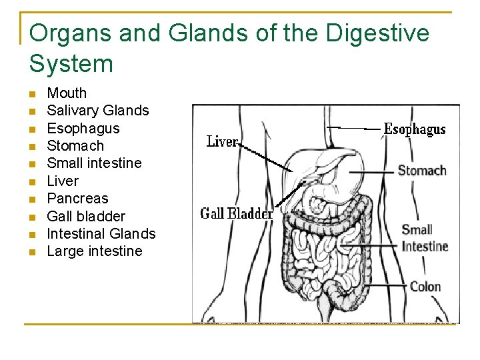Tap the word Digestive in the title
tap(376, 33)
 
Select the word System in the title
tap(71, 64)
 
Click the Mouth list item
tap(67, 93)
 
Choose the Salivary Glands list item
tap(98, 111)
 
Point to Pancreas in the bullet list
tap(77, 199)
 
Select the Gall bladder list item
tap(86, 216)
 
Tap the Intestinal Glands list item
tap(101, 234)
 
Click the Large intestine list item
tap(95, 251)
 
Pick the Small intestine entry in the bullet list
tap(94, 163)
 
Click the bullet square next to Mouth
tap(33, 94)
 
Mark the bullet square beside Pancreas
tap(33, 199)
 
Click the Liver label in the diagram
tap(222, 141)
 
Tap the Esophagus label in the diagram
tap(415, 129)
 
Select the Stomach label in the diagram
tap(422, 171)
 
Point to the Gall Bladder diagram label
tap(237, 214)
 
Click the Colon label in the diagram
tap(425, 287)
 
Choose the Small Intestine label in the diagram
tap(425, 238)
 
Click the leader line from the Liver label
tap(267, 158)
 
